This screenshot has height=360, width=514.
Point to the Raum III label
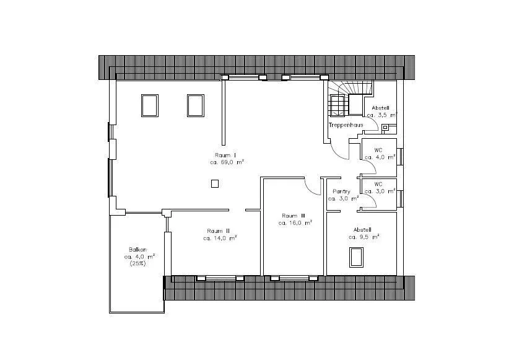pyautogui.click(x=294, y=216)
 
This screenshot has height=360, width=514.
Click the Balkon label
pyautogui.click(x=137, y=250)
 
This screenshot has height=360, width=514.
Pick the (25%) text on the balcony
pyautogui.click(x=137, y=263)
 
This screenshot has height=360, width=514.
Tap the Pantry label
pyautogui.click(x=341, y=191)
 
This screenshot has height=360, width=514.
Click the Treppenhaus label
pyautogui.click(x=346, y=125)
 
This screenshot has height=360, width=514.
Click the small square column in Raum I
pyautogui.click(x=215, y=184)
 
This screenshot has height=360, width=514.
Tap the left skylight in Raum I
pyautogui.click(x=150, y=105)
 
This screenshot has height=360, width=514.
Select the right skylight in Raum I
pyautogui.click(x=196, y=105)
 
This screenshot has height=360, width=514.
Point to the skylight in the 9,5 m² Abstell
pyautogui.click(x=356, y=257)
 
